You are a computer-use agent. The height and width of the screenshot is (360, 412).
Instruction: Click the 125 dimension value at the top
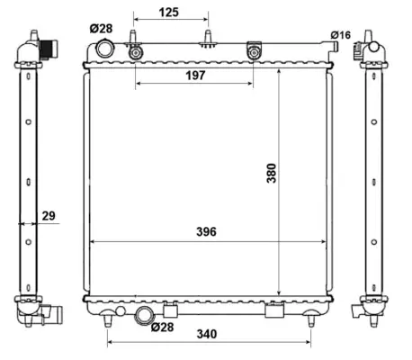coord(170,12)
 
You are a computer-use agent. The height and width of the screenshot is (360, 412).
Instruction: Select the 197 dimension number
coord(195,76)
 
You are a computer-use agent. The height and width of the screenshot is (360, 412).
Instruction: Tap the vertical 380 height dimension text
coord(271,173)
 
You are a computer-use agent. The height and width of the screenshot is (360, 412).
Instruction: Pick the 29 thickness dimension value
coord(49,215)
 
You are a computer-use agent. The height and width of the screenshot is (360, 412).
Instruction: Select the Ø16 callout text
coord(340,34)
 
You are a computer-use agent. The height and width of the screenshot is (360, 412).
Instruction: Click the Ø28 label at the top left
coord(101,29)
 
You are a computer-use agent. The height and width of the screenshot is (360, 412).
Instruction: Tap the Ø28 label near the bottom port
coord(162,327)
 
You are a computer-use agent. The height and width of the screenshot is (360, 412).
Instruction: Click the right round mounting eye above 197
coord(253,53)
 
